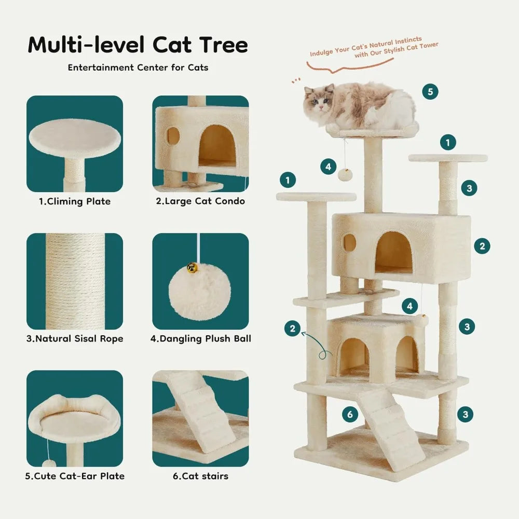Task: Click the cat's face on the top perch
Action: pyautogui.click(x=318, y=101)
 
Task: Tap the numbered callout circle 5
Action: pyautogui.click(x=430, y=92)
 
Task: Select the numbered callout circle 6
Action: pyautogui.click(x=350, y=414)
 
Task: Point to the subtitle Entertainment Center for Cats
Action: pyautogui.click(x=138, y=67)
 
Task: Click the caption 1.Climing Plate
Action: pyautogui.click(x=75, y=201)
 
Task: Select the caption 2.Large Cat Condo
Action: pyautogui.click(x=200, y=201)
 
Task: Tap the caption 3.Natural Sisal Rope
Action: pyautogui.click(x=75, y=339)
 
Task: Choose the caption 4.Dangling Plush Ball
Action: pyautogui.click(x=200, y=339)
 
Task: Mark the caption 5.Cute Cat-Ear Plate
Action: pyautogui.click(x=76, y=476)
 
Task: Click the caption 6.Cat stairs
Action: pyautogui.click(x=200, y=476)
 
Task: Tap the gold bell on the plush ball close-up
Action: pyautogui.click(x=192, y=268)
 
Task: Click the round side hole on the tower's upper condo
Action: pyautogui.click(x=349, y=241)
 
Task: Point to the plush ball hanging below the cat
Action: pyautogui.click(x=345, y=174)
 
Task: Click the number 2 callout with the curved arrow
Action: pyautogui.click(x=293, y=328)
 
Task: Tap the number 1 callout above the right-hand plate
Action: pyautogui.click(x=447, y=142)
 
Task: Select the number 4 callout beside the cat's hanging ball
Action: pyautogui.click(x=328, y=167)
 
